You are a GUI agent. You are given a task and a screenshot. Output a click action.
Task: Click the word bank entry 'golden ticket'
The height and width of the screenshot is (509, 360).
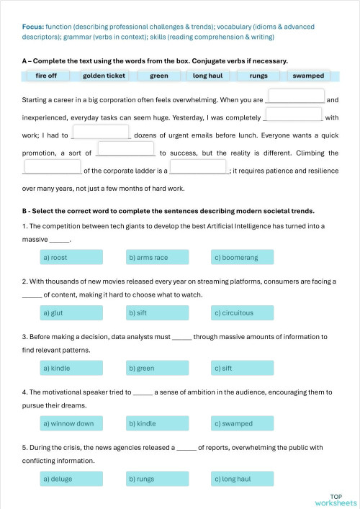[104, 76]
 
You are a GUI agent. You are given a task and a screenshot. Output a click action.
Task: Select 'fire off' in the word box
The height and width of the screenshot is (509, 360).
[46, 76]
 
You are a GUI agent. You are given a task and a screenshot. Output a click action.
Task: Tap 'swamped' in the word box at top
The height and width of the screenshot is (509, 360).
[308, 76]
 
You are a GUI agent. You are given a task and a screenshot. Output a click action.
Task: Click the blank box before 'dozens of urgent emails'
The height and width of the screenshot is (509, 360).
[101, 132]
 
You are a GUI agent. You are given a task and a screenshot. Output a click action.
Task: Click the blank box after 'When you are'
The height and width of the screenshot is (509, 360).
[295, 96]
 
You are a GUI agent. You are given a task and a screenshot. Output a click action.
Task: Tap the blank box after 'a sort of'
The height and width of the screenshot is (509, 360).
[126, 149]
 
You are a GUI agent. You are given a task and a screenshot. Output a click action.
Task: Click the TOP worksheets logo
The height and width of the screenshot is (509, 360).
[336, 500]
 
